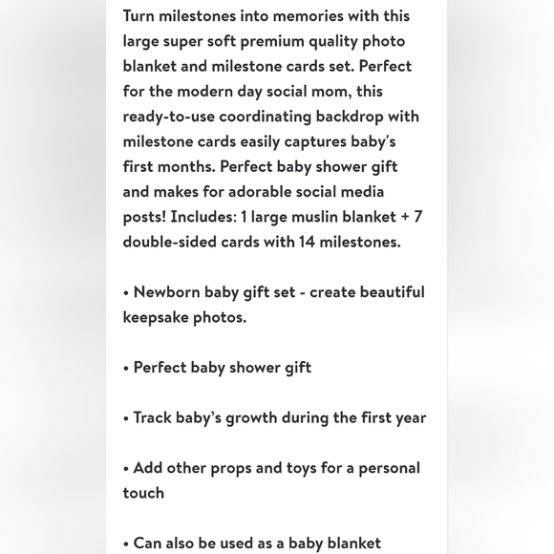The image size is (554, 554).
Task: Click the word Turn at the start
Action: point(138,16)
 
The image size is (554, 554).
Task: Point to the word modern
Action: point(224,92)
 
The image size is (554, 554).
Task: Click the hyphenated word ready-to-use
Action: point(168,117)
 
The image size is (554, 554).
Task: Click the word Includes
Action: point(202,217)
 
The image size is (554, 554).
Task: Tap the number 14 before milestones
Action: point(307,242)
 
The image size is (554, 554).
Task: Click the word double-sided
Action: point(169,242)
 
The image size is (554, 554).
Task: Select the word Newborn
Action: point(166,292)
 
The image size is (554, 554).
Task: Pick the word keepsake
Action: point(155,317)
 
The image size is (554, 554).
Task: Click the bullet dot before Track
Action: point(126,418)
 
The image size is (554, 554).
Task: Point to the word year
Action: point(408,417)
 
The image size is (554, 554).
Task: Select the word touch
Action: point(143,493)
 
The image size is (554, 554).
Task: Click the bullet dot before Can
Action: point(126,543)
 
